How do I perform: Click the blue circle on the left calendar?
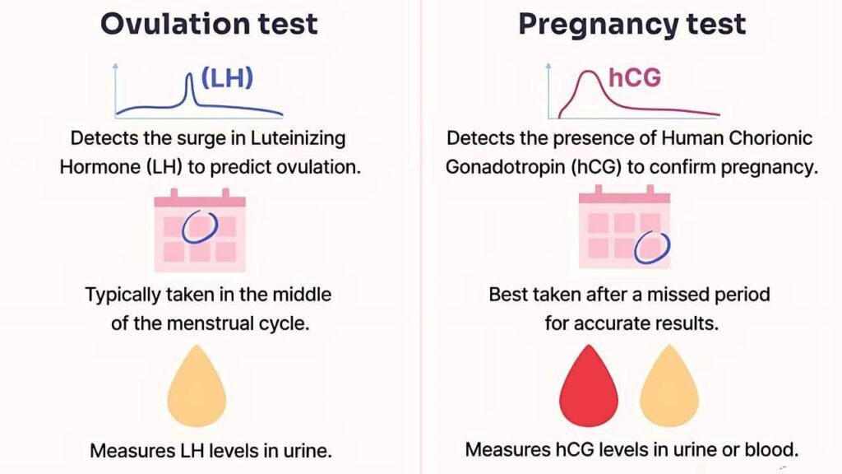click(x=200, y=227)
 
